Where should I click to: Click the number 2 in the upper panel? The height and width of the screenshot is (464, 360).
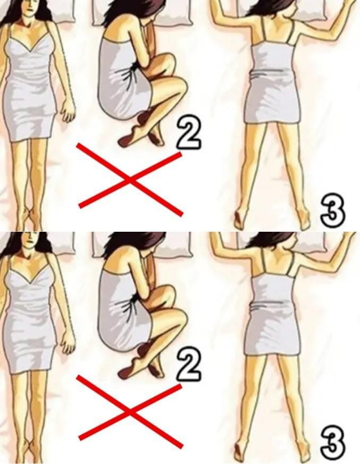pyautogui.click(x=189, y=133)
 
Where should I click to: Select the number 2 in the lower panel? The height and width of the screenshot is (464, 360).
pyautogui.click(x=189, y=365)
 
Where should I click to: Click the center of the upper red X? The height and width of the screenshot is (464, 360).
pyautogui.click(x=129, y=180)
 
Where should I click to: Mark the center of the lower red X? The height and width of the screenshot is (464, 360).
pyautogui.click(x=129, y=411)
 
